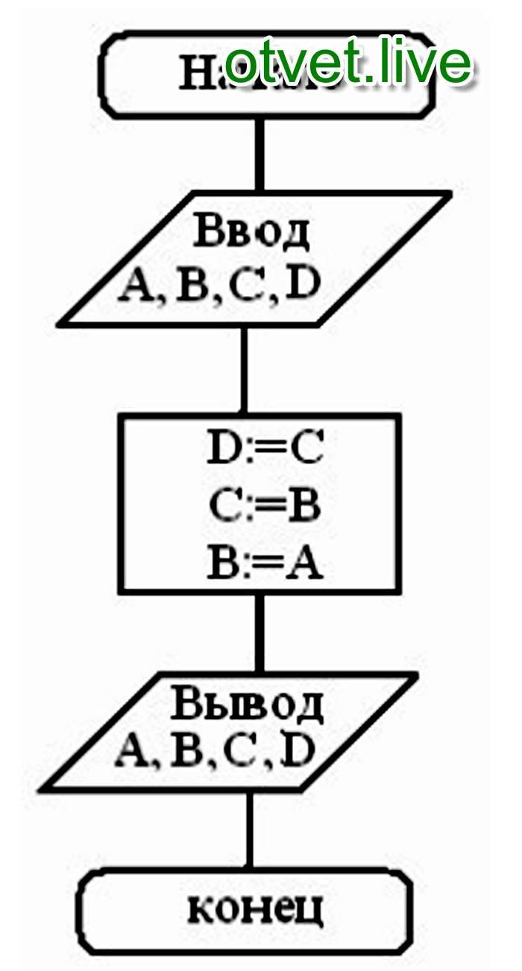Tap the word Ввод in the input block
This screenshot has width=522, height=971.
point(251,233)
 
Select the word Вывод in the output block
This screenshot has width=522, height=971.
point(248,703)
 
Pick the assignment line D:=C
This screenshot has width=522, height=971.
point(262,450)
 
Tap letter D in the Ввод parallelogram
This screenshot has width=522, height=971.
point(302,287)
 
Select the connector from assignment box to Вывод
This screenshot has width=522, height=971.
point(259,632)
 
